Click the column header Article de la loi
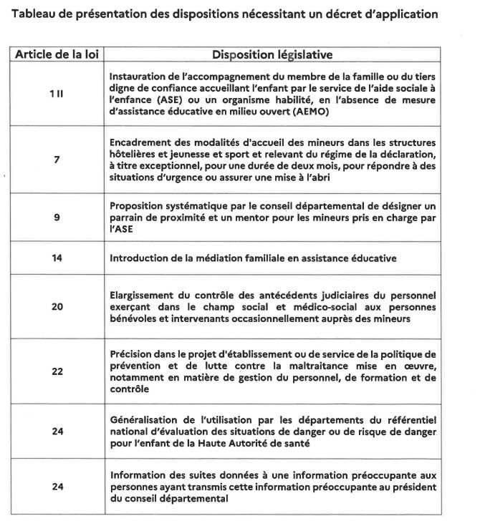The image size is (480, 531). (57, 54)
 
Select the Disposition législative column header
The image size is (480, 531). (272, 54)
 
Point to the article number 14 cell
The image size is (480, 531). (57, 258)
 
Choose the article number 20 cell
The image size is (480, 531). (57, 306)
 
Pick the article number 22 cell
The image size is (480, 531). (57, 371)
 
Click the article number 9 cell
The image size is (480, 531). (57, 215)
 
